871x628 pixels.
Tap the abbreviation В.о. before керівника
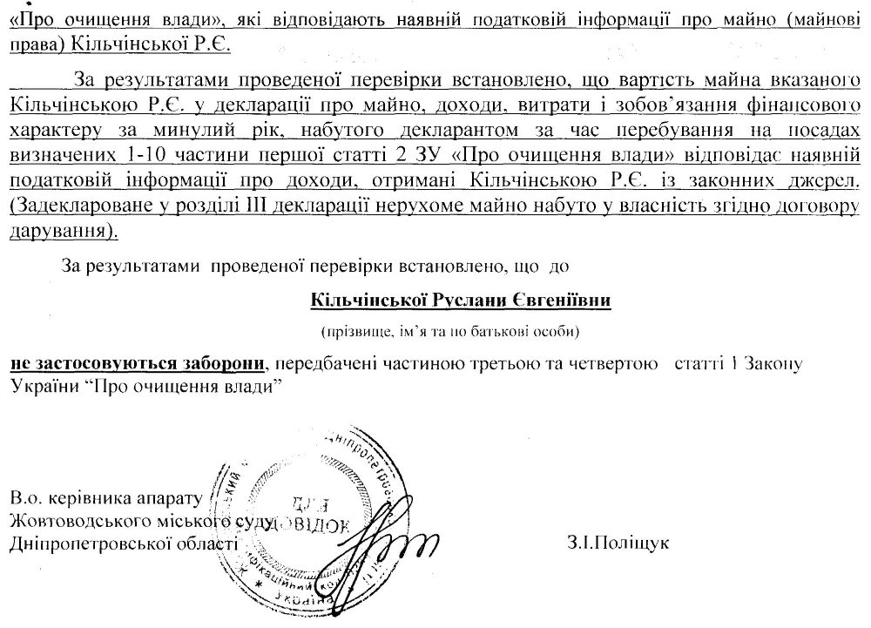coord(30,499)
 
